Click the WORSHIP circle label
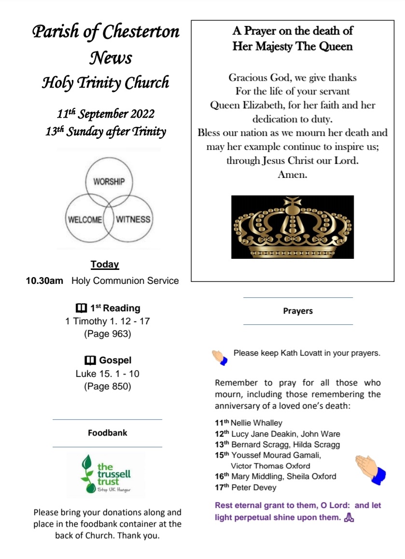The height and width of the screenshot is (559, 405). coord(109,182)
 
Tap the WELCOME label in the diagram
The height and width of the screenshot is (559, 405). coord(85,219)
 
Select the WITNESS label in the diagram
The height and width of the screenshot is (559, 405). coord(133,219)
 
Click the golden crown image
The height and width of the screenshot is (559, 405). coord(292,227)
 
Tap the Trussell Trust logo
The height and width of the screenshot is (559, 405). coord(106,475)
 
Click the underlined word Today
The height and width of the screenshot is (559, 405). coord(105,265)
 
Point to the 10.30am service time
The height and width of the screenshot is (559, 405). coord(44,281)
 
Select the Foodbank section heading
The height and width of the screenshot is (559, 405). coord(107,433)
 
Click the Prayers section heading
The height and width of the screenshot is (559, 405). coord(298,311)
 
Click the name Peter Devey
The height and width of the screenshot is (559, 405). coord(254,487)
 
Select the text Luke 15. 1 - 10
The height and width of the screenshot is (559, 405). coord(108,373)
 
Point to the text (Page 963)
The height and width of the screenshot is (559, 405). coord(108,333)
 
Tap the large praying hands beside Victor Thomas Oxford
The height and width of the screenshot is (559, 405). coord(371,469)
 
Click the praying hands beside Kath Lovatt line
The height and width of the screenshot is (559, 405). coord(220,357)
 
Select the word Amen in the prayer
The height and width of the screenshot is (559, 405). coord(292,174)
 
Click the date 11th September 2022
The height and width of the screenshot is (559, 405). coord(106,114)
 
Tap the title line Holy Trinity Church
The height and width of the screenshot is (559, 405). coord(106,83)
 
